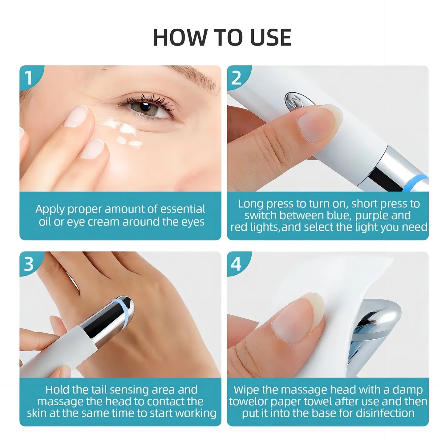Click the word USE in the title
tap(270, 38)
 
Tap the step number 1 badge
tap(29, 78)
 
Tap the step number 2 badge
tap(236, 78)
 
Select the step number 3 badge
tap(29, 264)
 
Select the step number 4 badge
tap(236, 264)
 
